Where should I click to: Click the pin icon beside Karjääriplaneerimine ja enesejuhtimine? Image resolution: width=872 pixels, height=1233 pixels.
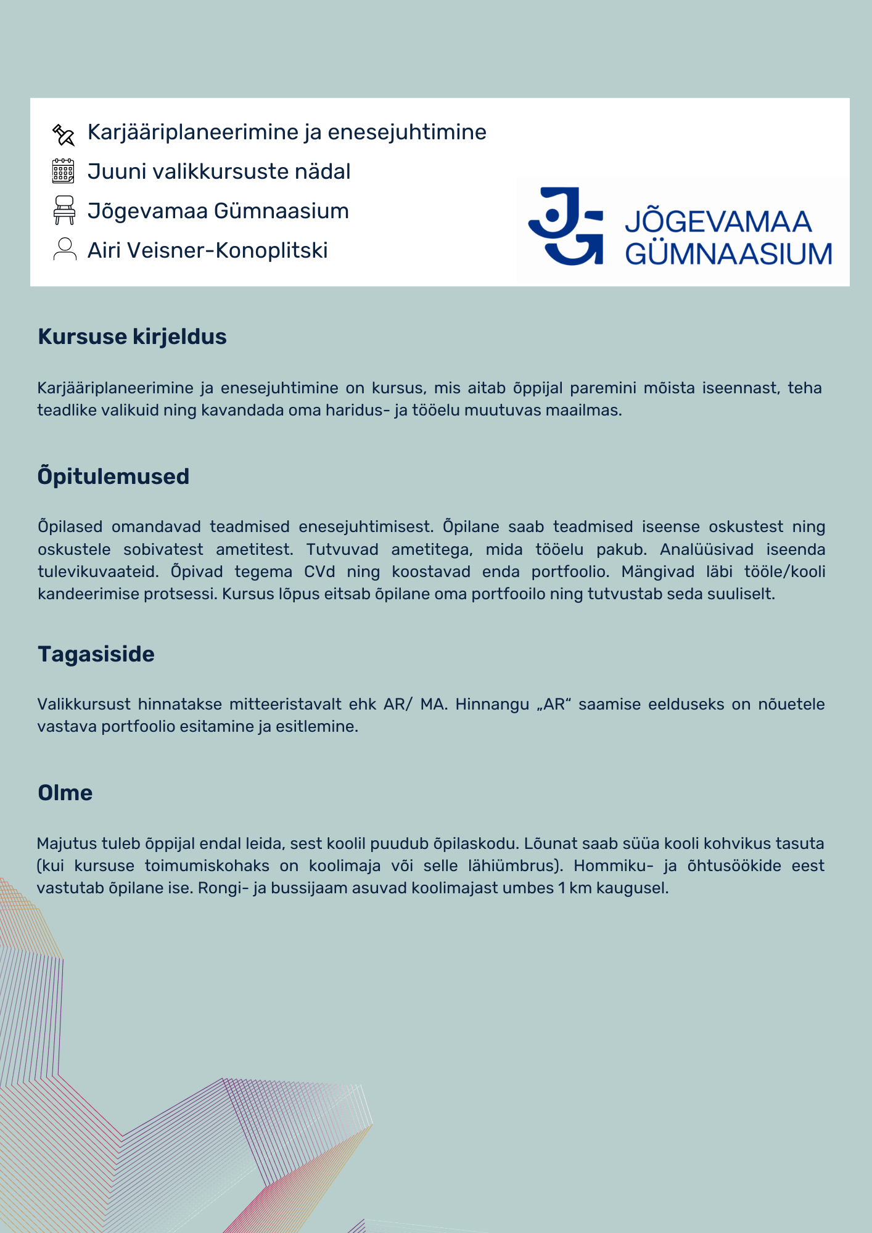pyautogui.click(x=64, y=134)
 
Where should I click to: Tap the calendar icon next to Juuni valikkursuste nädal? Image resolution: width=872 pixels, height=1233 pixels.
pyautogui.click(x=63, y=171)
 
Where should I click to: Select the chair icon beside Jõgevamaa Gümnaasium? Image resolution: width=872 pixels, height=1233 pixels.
pyautogui.click(x=64, y=210)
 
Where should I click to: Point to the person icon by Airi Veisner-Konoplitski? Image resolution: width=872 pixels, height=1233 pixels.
pyautogui.click(x=64, y=250)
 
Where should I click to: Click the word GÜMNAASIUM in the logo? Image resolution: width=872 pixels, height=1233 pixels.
pyautogui.click(x=728, y=254)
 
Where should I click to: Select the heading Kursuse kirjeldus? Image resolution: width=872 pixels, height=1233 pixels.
pyautogui.click(x=132, y=337)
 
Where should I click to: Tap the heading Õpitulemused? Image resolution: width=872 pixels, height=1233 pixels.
pyautogui.click(x=113, y=476)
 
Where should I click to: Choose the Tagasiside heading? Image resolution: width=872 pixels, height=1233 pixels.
pyautogui.click(x=96, y=654)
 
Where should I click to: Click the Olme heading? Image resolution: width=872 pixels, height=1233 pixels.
pyautogui.click(x=65, y=793)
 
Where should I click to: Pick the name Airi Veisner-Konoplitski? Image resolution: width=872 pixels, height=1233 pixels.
pyautogui.click(x=207, y=250)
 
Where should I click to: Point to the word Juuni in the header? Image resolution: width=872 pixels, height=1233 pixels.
pyautogui.click(x=117, y=171)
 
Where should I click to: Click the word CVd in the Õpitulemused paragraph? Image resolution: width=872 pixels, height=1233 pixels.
pyautogui.click(x=319, y=571)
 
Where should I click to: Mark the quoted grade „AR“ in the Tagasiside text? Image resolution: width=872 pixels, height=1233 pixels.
pyautogui.click(x=554, y=704)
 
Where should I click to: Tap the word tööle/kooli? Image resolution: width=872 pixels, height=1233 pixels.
pyautogui.click(x=784, y=571)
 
